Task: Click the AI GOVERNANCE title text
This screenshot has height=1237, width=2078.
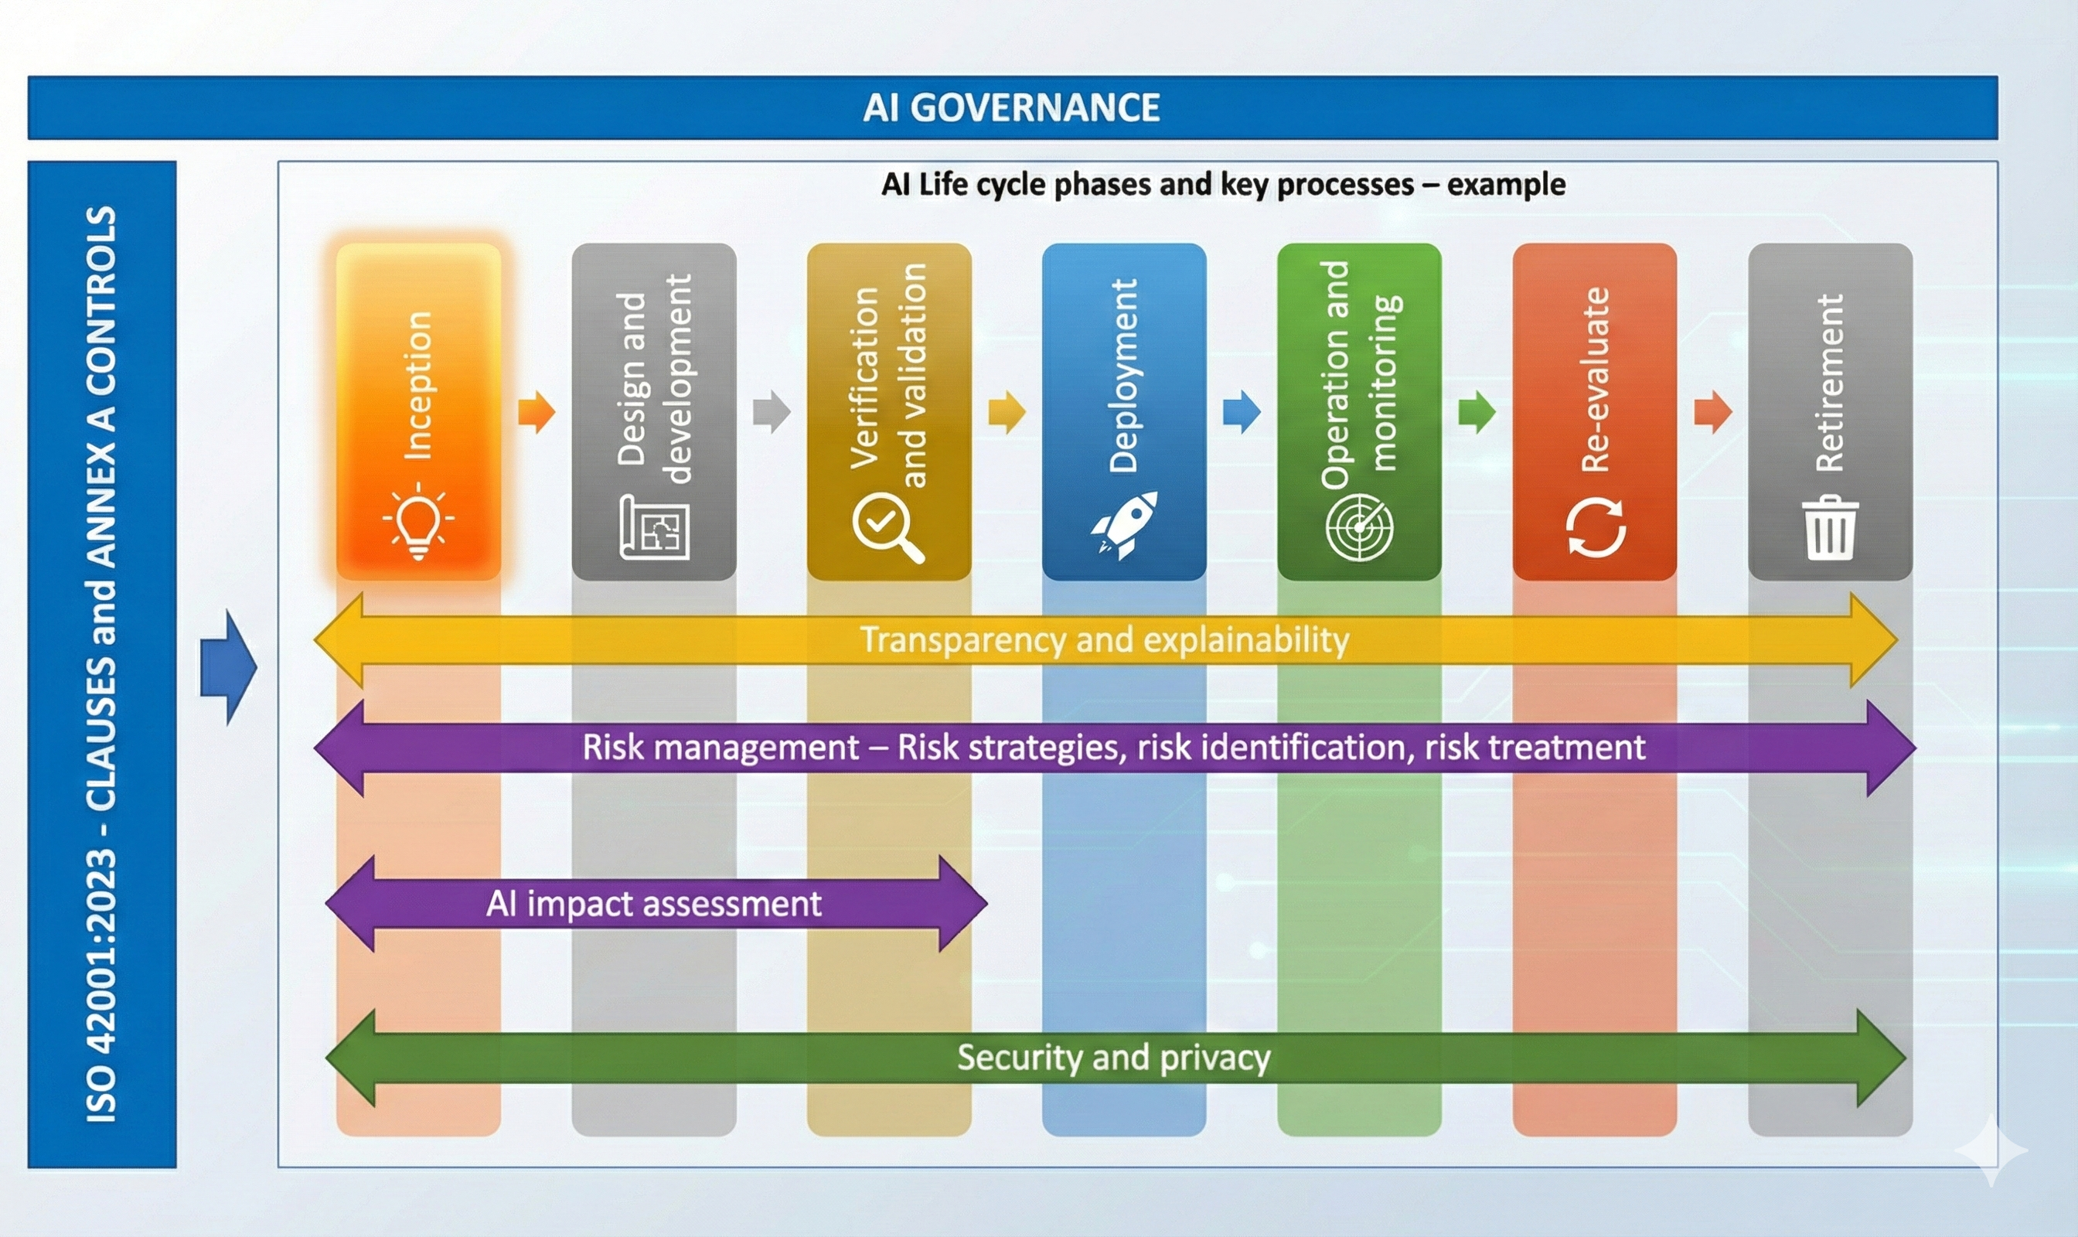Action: [1011, 107]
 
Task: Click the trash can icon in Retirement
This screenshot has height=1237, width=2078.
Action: [1830, 527]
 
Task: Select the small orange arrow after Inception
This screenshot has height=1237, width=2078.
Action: [536, 411]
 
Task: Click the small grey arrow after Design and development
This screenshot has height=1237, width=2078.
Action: [771, 411]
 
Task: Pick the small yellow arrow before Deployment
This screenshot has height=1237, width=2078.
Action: [1007, 411]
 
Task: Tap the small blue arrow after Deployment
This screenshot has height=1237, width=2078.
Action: [1242, 411]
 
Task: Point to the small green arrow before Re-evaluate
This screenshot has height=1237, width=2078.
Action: [1477, 411]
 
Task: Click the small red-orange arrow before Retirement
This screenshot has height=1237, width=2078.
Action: [1713, 411]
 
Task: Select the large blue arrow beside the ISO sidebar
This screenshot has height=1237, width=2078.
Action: [227, 666]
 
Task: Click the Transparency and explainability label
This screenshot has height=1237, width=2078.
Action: [1105, 640]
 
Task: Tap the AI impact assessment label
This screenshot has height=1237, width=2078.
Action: [653, 904]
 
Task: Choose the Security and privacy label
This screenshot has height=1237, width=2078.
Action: [1114, 1058]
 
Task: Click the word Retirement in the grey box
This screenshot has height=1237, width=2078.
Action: [1830, 383]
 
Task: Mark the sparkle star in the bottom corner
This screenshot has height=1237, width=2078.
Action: [1991, 1150]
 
